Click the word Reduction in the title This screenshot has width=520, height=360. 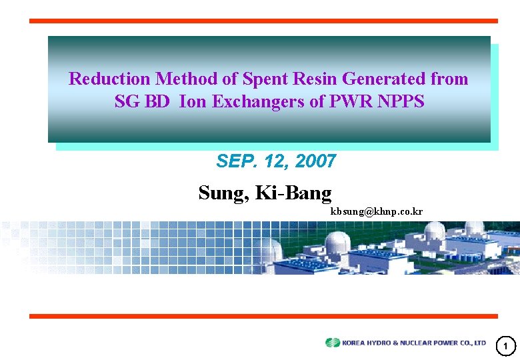pyautogui.click(x=110, y=79)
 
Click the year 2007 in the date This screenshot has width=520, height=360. pyautogui.click(x=316, y=161)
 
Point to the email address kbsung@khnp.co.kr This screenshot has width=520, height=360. pyautogui.click(x=377, y=211)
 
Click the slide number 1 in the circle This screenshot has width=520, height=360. pyautogui.click(x=506, y=345)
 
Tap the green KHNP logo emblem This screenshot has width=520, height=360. pyautogui.click(x=333, y=343)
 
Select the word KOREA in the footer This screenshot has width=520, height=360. pyautogui.click(x=355, y=343)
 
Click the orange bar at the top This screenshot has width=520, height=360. pyautogui.click(x=263, y=21)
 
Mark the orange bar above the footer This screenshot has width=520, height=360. pyautogui.click(x=263, y=316)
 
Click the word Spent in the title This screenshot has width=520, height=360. pyautogui.click(x=265, y=79)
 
